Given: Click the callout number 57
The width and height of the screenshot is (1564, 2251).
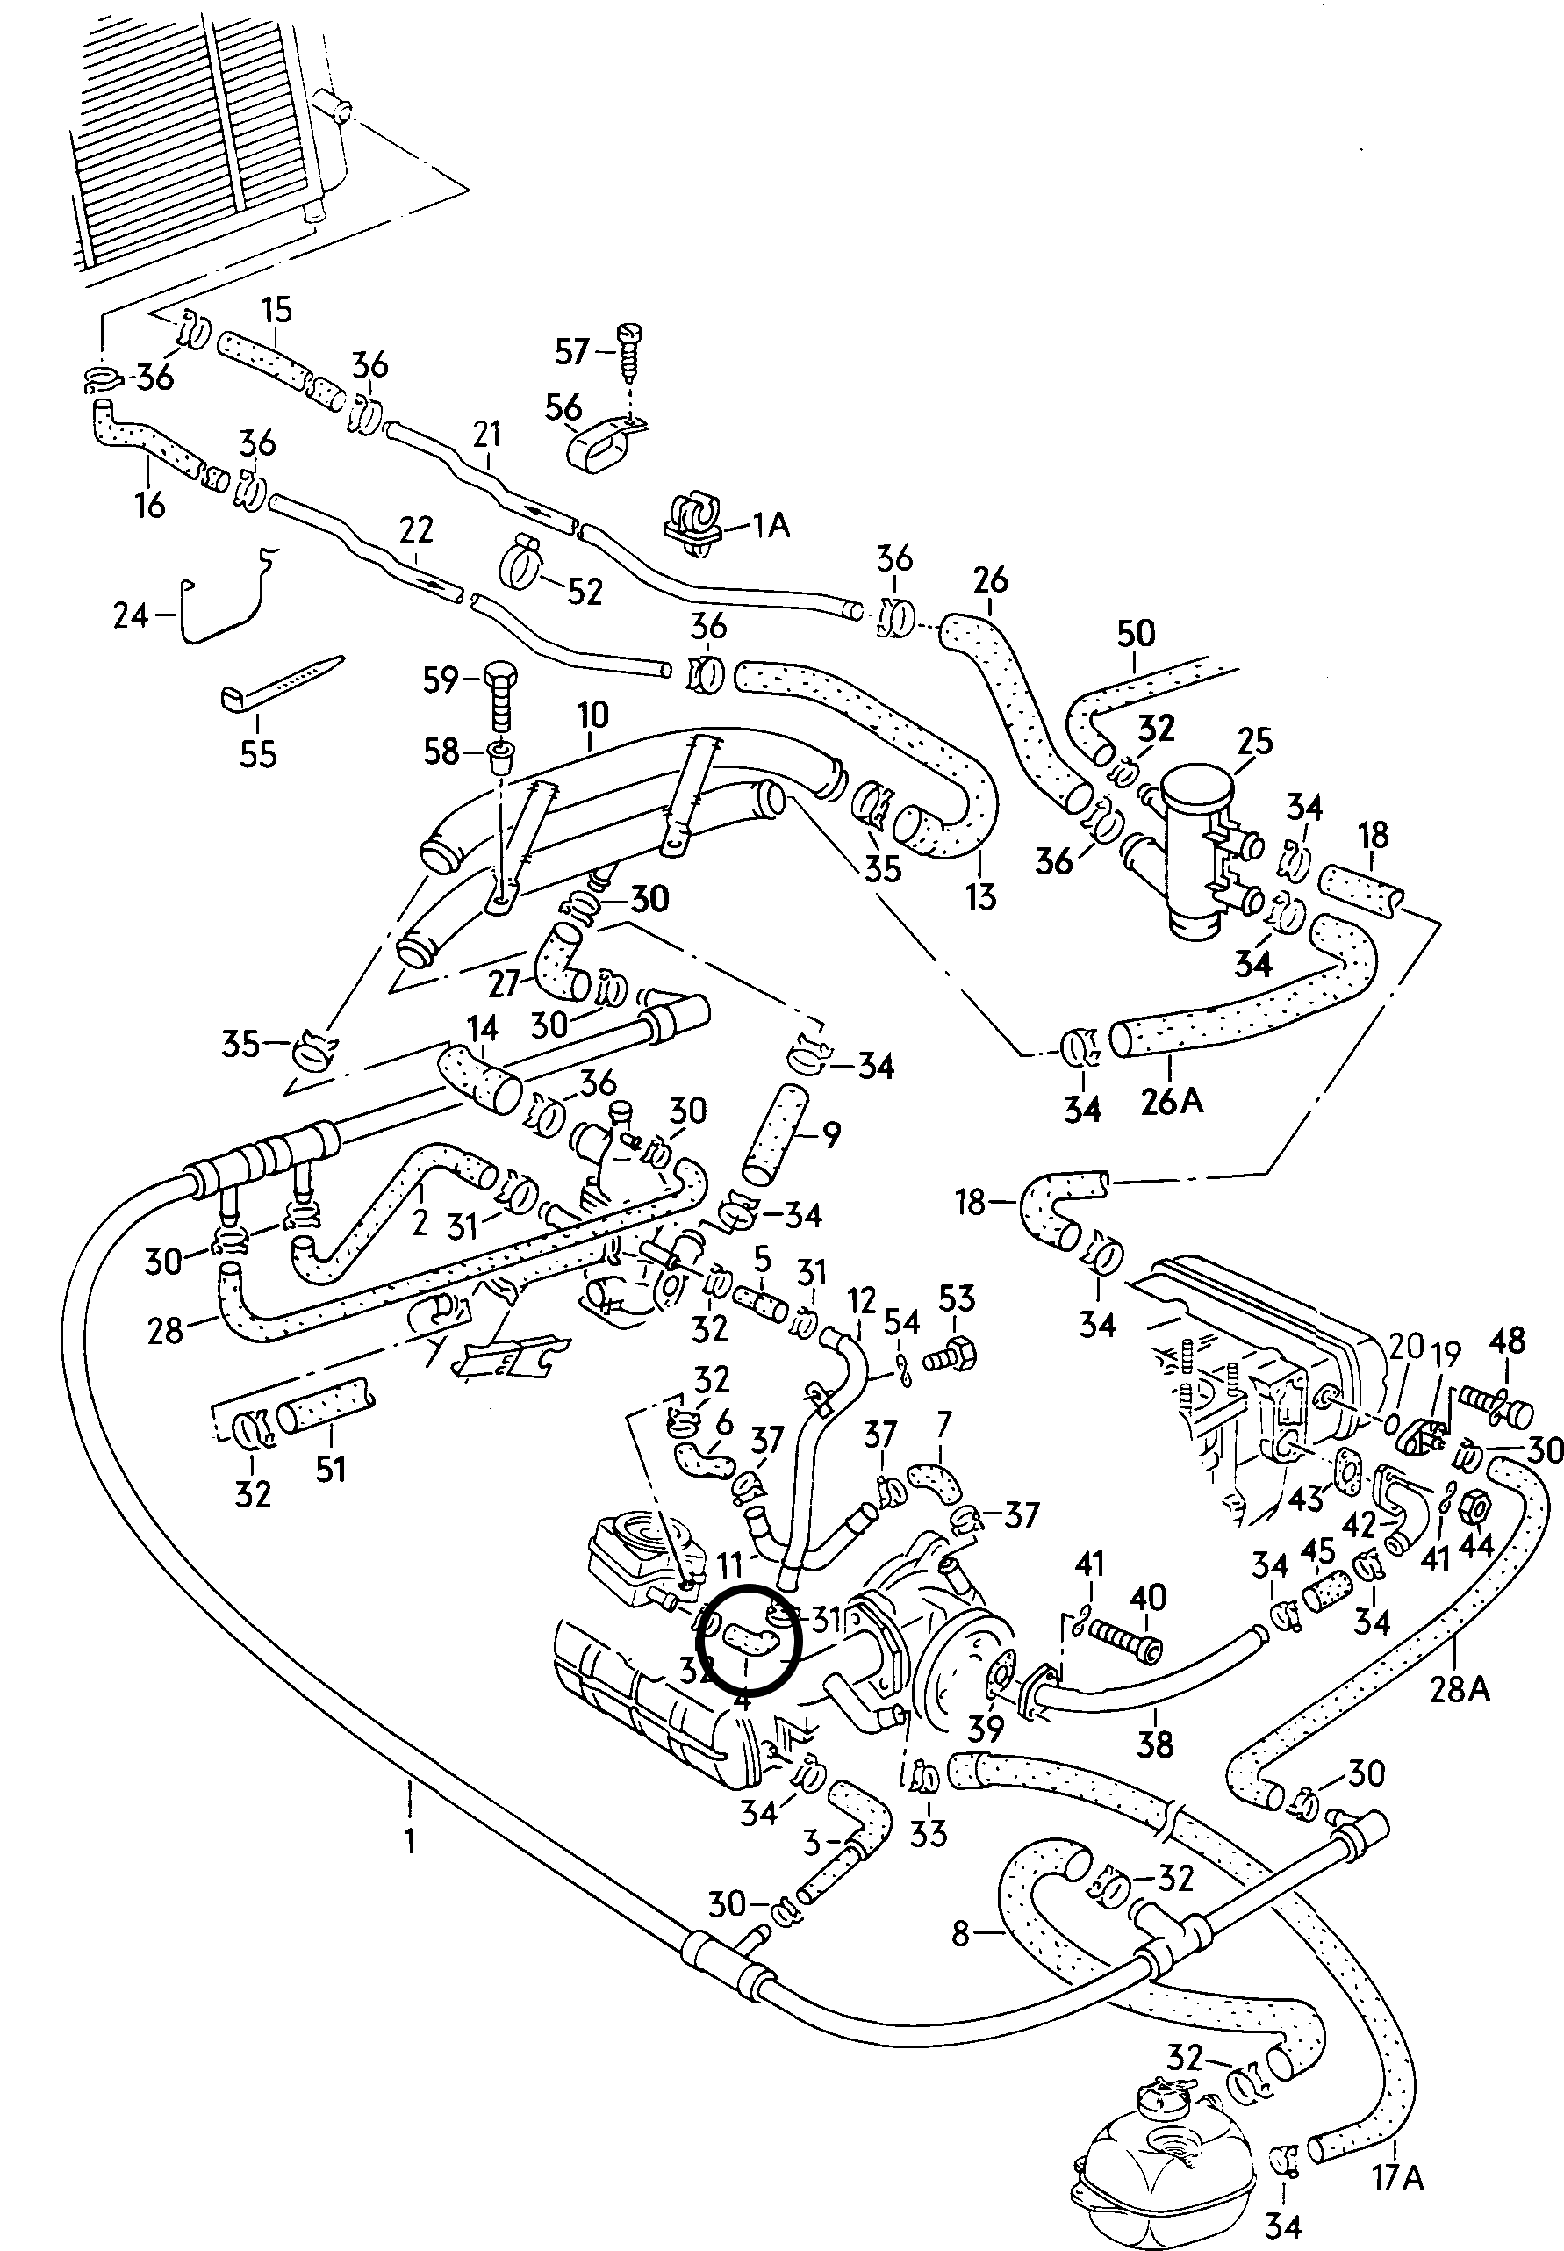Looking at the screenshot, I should (x=571, y=352).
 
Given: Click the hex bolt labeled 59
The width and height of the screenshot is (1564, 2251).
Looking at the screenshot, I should (x=499, y=698).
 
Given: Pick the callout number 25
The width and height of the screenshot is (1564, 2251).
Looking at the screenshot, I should (x=1254, y=741).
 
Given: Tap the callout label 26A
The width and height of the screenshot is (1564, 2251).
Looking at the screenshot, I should (x=1172, y=1102).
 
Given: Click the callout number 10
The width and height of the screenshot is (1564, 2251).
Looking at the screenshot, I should (x=593, y=715).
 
